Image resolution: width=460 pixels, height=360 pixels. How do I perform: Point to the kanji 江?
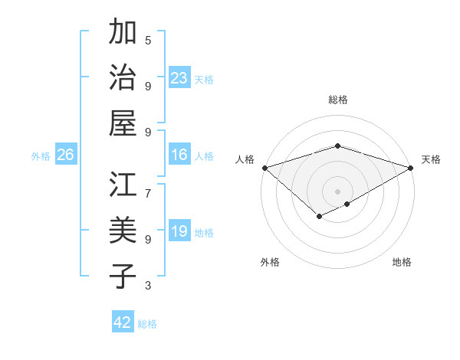point(123,185)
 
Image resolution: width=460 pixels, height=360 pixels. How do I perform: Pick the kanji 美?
point(123,231)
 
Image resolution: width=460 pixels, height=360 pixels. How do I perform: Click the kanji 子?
point(123,277)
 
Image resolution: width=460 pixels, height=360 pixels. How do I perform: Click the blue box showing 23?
point(179,77)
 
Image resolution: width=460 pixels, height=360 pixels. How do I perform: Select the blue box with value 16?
point(179,155)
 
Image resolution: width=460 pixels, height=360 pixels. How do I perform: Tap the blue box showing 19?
point(179,231)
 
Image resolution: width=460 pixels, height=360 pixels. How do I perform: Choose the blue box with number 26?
point(65,155)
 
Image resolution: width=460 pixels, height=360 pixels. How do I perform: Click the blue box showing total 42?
point(123,322)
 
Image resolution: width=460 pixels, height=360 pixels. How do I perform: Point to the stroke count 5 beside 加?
point(148,40)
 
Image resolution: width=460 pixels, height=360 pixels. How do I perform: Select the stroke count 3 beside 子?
point(148,286)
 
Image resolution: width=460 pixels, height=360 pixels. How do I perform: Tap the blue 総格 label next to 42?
point(147,324)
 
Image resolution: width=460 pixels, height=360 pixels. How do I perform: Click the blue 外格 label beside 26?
point(41,156)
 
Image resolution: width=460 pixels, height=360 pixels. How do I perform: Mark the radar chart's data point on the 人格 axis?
point(264,168)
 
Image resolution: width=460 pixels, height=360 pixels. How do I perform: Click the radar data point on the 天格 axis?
point(411,168)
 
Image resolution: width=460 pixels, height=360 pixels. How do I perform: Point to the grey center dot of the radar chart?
point(337,191)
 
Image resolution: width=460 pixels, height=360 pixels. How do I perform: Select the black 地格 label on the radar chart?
point(402,262)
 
